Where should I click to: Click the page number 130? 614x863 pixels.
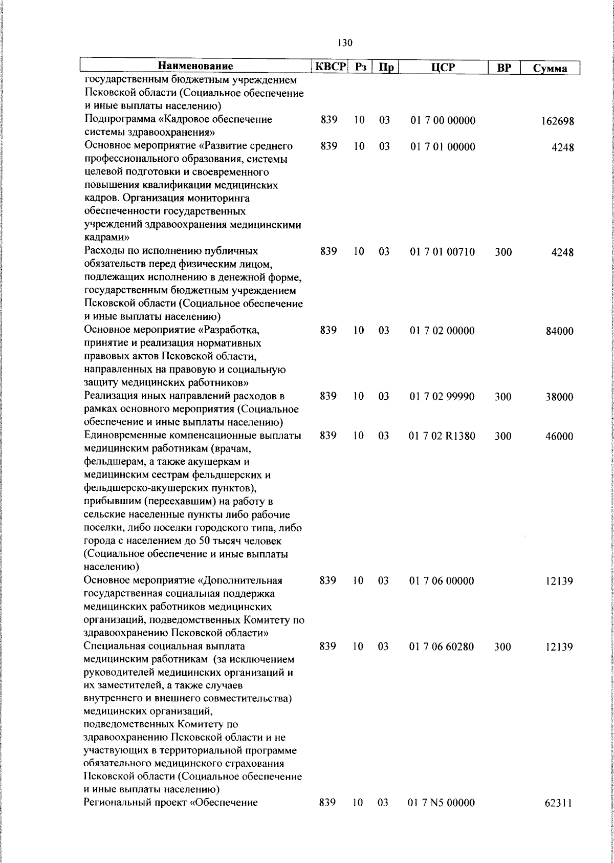(x=345, y=43)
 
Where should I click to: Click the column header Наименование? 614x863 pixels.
(x=195, y=67)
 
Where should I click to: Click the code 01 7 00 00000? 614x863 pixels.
(x=443, y=121)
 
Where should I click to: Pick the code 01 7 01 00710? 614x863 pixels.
(x=443, y=252)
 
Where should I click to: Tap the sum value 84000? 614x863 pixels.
(x=559, y=331)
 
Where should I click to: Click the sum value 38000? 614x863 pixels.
(x=559, y=397)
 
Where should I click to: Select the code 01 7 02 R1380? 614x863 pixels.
(x=443, y=436)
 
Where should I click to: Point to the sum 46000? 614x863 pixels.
(x=559, y=437)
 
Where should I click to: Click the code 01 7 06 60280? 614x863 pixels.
(x=443, y=646)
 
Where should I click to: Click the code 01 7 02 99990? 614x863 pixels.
(x=443, y=397)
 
